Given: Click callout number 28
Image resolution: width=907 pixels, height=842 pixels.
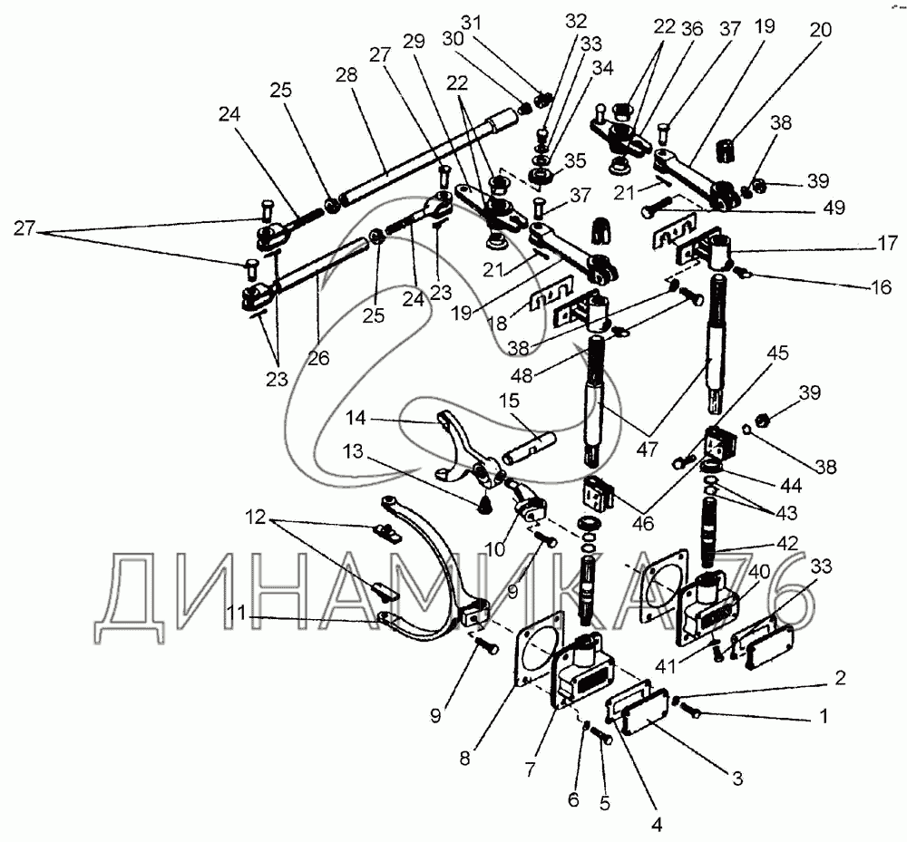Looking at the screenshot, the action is (346, 75).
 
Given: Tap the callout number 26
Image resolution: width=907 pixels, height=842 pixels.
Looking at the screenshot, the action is (318, 358).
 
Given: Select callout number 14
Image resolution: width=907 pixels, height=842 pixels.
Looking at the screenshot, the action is (356, 417).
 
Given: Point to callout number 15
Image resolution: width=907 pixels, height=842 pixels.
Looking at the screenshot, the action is (510, 401).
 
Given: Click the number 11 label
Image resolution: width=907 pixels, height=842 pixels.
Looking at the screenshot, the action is (237, 614).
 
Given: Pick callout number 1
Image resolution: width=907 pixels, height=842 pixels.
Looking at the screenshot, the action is (824, 717).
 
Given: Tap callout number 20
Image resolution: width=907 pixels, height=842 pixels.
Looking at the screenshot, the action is (820, 30).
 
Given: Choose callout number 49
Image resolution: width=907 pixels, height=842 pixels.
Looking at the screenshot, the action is (834, 207).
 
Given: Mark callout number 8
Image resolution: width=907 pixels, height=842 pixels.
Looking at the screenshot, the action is (465, 759).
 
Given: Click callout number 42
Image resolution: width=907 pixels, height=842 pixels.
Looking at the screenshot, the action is (786, 543).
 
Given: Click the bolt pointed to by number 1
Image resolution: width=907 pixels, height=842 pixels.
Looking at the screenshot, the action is (691, 710).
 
